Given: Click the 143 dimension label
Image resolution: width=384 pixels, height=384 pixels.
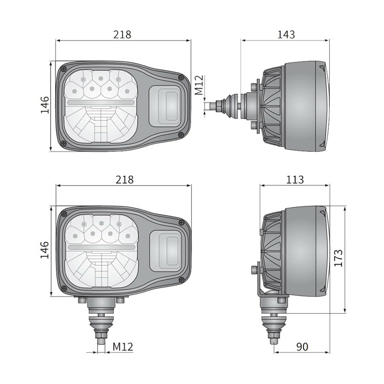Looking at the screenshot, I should (285, 35).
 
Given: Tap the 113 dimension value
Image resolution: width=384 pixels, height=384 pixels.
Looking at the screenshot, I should (295, 180).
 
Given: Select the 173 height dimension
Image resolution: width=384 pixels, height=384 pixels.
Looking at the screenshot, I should (338, 258).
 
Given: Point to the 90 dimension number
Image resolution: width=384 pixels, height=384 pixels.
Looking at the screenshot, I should (302, 347).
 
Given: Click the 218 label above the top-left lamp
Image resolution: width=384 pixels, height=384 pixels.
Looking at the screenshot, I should (122, 35).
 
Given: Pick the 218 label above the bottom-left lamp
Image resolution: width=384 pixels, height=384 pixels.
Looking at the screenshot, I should (125, 180).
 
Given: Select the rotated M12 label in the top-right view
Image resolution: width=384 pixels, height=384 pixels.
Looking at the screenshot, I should (199, 86).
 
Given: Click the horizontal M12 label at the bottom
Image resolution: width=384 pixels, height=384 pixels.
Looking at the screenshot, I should (123, 347).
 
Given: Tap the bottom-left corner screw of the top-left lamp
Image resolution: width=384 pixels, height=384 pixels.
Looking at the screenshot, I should (64, 143).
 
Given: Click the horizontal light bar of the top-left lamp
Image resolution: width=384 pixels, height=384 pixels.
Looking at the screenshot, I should (102, 103).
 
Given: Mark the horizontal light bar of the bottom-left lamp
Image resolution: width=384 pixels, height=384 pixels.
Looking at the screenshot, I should (102, 247).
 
